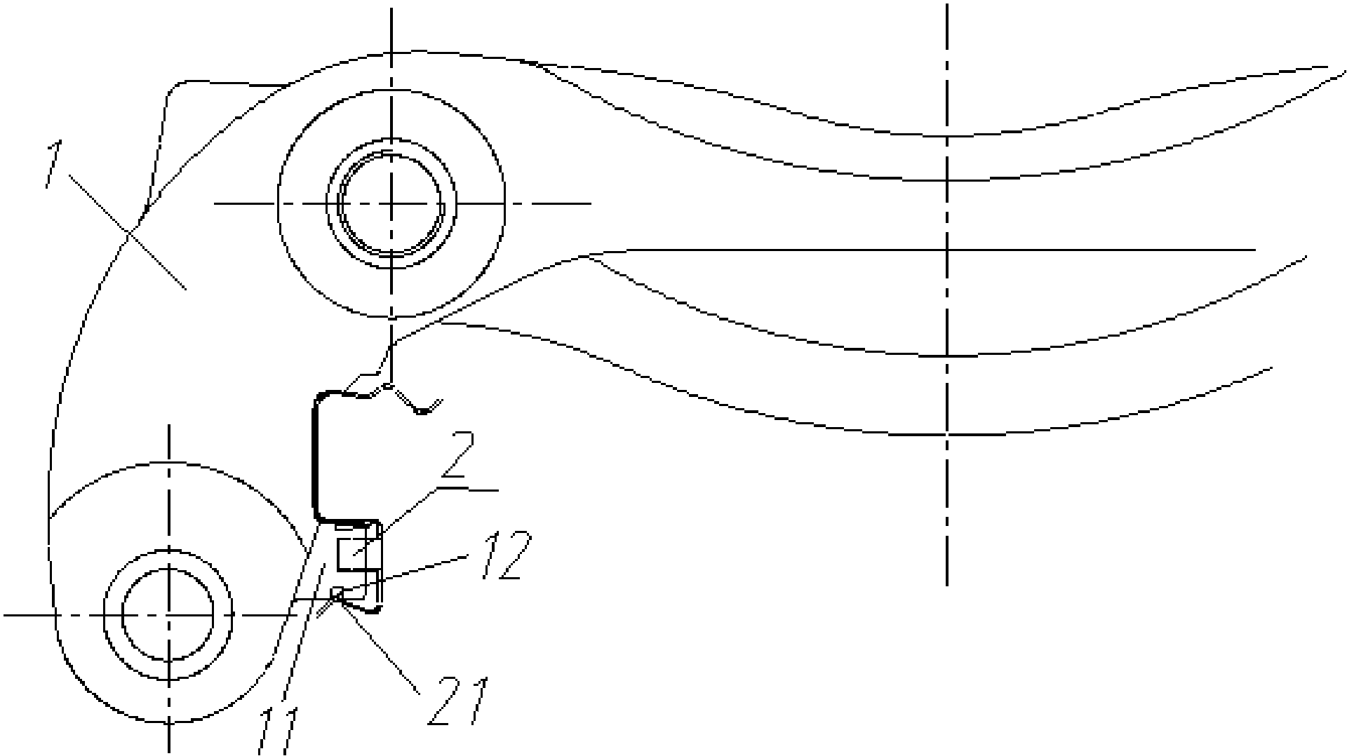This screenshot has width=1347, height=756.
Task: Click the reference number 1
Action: [53, 164]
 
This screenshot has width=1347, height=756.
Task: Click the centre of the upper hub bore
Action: [391, 203]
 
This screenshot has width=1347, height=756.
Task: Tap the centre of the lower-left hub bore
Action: [168, 615]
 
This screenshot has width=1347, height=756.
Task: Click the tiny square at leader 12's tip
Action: [337, 593]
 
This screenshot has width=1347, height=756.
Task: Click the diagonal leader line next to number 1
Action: [128, 231]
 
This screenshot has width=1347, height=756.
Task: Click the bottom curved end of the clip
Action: [376, 609]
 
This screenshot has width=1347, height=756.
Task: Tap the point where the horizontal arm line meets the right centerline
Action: [947, 250]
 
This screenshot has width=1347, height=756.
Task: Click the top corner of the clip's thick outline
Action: [320, 397]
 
